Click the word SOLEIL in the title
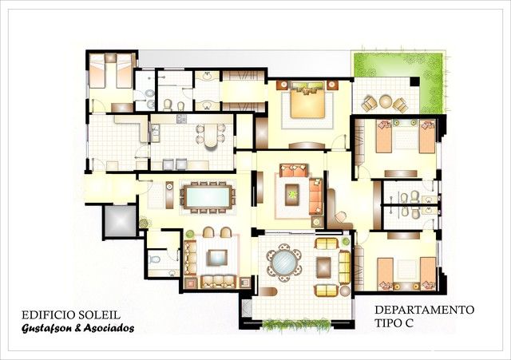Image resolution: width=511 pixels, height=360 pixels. pyautogui.click(x=100, y=315)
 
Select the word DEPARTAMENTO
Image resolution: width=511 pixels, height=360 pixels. pyautogui.click(x=424, y=310)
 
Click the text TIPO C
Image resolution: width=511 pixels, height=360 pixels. pyautogui.click(x=394, y=323)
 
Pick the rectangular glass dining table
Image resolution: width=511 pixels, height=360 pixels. pyautogui.click(x=208, y=197)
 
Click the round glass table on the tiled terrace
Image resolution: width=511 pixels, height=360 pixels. pyautogui.click(x=284, y=263)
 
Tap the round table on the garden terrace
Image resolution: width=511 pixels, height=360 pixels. pyautogui.click(x=386, y=101)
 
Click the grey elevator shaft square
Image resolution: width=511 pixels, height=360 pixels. pyautogui.click(x=120, y=221)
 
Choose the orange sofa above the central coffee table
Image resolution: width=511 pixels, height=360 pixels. pyautogui.click(x=294, y=170)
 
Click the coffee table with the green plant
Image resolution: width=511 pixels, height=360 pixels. pyautogui.click(x=292, y=195)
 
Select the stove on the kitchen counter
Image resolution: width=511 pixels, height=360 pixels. pyautogui.click(x=181, y=119)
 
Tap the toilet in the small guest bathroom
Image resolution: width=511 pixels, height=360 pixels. pyautogui.click(x=154, y=259)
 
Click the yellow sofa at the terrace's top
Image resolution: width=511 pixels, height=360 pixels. pyautogui.click(x=327, y=243)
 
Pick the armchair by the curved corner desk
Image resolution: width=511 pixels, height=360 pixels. pyautogui.click(x=341, y=216)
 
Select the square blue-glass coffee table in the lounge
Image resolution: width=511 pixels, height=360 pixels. pyautogui.click(x=217, y=257)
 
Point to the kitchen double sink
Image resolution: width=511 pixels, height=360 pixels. pyautogui.click(x=156, y=133)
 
